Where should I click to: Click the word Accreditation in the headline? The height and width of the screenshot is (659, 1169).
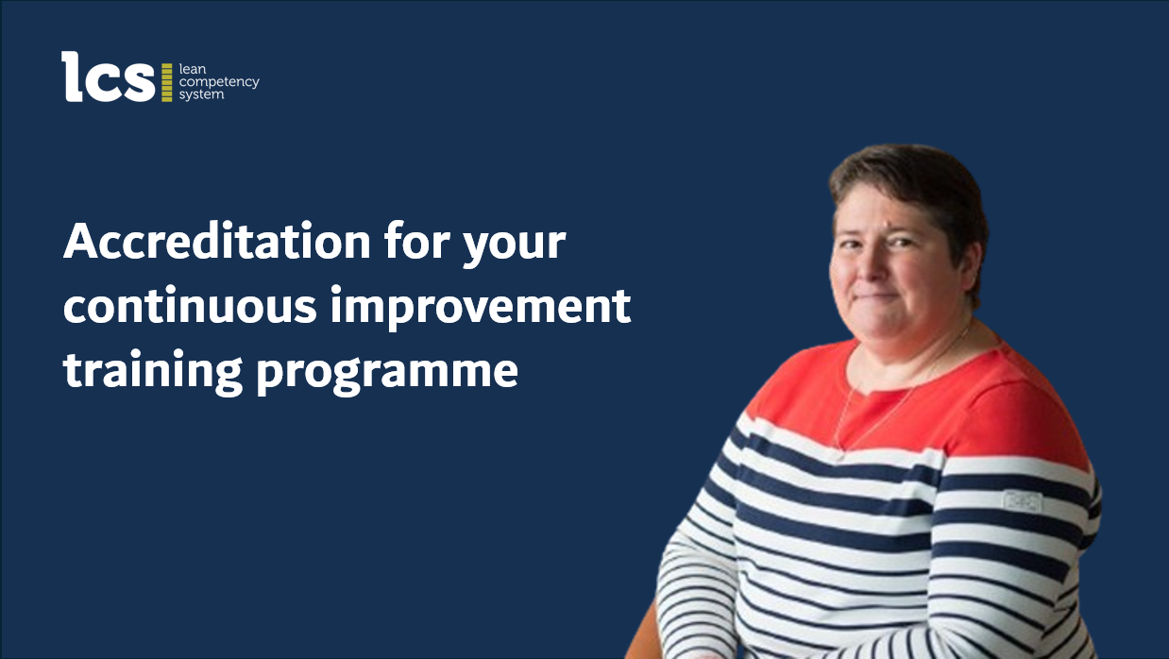(x=217, y=242)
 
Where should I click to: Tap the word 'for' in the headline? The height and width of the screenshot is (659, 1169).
(x=417, y=241)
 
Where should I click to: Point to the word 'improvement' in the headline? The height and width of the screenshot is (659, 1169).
(x=481, y=308)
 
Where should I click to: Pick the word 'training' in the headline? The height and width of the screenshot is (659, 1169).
(x=153, y=371)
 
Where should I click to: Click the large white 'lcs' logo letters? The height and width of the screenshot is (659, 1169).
(x=108, y=76)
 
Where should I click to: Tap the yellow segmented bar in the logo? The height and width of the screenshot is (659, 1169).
(x=166, y=82)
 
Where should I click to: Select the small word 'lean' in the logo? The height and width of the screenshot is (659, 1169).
(x=193, y=69)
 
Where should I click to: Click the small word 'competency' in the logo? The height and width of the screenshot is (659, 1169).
(x=219, y=82)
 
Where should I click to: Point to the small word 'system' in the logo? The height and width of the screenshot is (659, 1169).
(x=201, y=95)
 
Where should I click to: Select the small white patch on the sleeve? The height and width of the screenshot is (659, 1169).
(x=1023, y=501)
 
